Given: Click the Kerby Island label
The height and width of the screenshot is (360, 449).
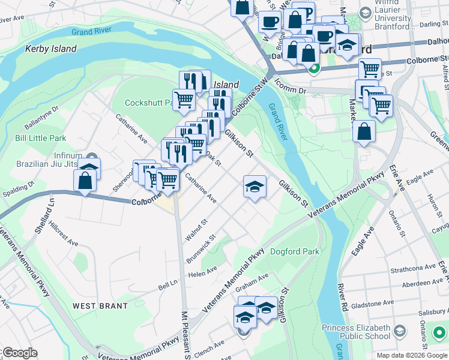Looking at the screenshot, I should click(x=51, y=49).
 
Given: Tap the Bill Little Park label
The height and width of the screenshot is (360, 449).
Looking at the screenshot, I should click(x=40, y=138).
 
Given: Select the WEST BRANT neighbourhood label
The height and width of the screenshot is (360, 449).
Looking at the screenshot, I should click(x=100, y=306).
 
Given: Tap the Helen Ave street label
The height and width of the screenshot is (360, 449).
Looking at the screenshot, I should click(x=202, y=273).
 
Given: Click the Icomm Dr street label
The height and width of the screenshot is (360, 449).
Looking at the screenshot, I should click(x=294, y=89).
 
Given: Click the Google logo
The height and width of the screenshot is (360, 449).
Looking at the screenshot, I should click(x=20, y=353).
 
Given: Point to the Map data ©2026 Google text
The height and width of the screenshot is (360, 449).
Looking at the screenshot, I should click(x=411, y=355).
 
